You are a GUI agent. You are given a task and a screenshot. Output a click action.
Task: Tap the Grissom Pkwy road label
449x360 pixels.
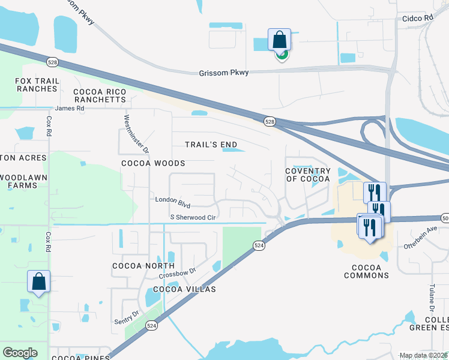[223, 73]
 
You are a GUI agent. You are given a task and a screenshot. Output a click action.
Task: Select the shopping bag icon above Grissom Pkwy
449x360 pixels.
[279, 41]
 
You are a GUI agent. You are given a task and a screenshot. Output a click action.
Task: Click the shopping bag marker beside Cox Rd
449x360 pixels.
[38, 282]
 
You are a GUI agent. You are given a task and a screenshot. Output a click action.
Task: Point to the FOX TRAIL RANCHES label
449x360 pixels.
[37, 84]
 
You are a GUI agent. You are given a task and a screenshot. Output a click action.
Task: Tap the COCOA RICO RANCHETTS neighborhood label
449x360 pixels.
[100, 96]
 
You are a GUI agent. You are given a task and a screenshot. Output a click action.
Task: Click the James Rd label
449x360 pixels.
[70, 109]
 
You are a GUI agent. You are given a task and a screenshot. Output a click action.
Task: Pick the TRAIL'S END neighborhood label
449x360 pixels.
[211, 145]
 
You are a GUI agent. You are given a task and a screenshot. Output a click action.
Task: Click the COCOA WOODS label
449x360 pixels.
[153, 163]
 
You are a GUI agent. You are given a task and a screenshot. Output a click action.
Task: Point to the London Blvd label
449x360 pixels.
[172, 199]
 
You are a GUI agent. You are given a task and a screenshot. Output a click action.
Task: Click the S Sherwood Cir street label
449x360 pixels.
[193, 217]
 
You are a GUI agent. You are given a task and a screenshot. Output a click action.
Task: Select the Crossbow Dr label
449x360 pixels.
[178, 272]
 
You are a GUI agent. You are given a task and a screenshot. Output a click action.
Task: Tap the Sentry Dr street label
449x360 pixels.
[126, 317]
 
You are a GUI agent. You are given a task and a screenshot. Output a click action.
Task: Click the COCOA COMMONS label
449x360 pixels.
[366, 271]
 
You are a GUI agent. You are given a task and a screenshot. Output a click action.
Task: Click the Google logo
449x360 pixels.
[20, 353]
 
